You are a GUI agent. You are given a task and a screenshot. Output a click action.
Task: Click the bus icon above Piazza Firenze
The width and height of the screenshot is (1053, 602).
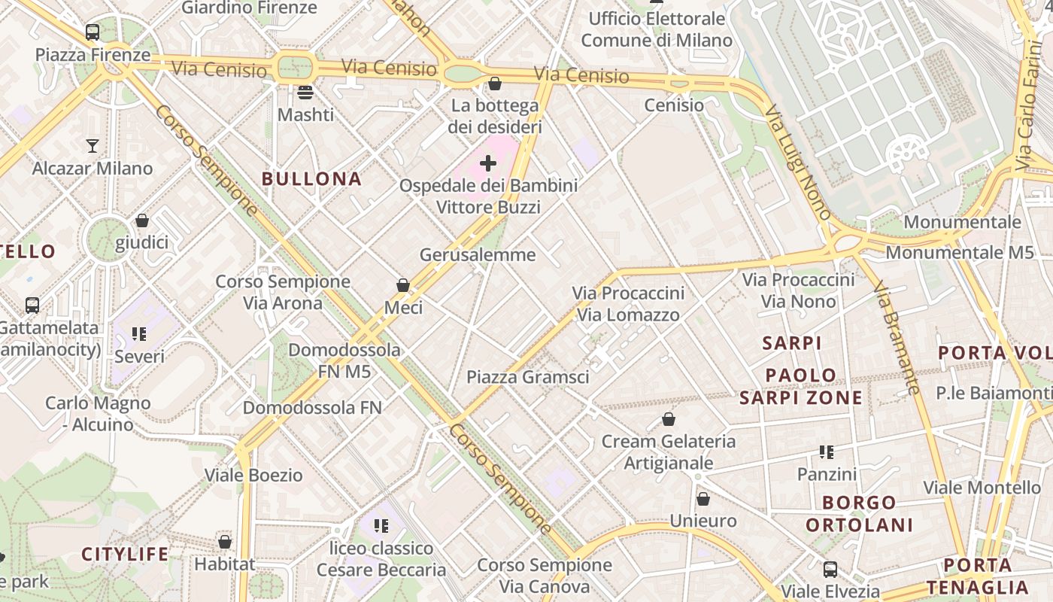pyautogui.click(x=93, y=32)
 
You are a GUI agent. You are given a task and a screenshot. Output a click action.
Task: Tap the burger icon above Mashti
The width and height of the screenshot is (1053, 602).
pyautogui.click(x=305, y=93)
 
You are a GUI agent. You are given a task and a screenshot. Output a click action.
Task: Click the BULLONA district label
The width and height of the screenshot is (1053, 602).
pyautogui.click(x=311, y=179)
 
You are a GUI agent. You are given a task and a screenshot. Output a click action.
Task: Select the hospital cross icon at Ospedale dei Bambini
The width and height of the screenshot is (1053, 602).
pyautogui.click(x=488, y=163)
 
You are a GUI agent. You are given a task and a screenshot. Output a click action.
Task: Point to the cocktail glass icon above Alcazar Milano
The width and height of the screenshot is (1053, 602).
pyautogui.click(x=93, y=145)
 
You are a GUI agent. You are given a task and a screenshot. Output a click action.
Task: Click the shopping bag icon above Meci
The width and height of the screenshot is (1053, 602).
pyautogui.click(x=403, y=285)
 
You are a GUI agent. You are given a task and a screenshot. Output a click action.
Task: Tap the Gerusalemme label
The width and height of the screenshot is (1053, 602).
pyautogui.click(x=478, y=255)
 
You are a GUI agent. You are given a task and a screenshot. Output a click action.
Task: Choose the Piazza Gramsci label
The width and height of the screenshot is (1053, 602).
pyautogui.click(x=528, y=377)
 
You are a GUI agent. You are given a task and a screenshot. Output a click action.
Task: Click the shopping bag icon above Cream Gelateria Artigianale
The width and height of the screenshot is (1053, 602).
pyautogui.click(x=669, y=419)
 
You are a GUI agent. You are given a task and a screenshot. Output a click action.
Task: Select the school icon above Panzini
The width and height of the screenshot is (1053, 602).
pyautogui.click(x=827, y=452)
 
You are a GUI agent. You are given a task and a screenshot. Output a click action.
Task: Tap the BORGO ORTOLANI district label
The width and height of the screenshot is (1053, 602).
pyautogui.click(x=859, y=513)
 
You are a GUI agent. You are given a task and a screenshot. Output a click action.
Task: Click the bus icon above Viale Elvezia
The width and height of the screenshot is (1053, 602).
pyautogui.click(x=830, y=569)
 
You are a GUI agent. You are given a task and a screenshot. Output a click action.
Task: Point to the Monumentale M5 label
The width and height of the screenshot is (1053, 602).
pyautogui.click(x=960, y=253)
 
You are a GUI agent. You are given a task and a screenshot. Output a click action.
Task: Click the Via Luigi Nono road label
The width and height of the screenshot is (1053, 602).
pyautogui.click(x=799, y=163)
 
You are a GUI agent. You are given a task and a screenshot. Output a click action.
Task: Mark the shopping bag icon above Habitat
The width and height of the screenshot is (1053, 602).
pyautogui.click(x=224, y=542)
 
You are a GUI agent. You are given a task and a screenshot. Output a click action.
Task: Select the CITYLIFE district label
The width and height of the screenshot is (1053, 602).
pyautogui.click(x=125, y=555)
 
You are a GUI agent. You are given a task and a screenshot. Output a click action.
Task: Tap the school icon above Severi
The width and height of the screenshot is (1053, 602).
pyautogui.click(x=139, y=333)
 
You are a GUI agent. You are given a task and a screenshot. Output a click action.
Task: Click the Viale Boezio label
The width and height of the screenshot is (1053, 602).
pyautogui.click(x=253, y=476)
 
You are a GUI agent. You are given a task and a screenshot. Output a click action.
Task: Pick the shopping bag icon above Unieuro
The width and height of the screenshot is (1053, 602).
pyautogui.click(x=703, y=499)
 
